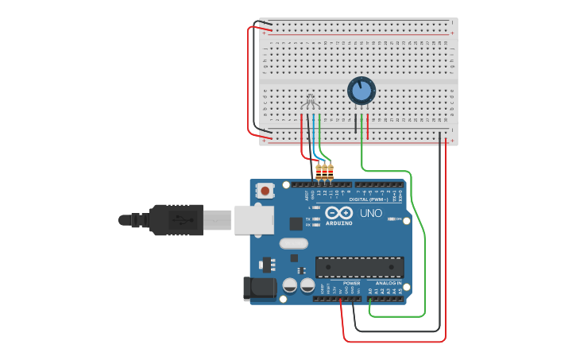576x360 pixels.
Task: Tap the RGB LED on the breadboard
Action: pos(311,101)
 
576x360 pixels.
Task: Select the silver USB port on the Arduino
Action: pos(253,219)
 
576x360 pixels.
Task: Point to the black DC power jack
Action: pos(259,288)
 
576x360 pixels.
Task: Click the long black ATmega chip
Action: pos(359,267)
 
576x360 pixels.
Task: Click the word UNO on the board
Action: pos(371,213)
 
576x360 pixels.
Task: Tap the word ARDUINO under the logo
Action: pos(338,223)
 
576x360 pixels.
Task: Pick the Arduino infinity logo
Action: pos(338,213)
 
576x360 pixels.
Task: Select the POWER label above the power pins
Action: pos(351,283)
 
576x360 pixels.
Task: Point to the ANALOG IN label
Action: pos(389,283)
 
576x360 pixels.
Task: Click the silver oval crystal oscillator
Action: pos(293,244)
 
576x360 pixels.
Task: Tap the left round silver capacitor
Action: pos(290,285)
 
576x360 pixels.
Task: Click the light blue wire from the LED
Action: pos(315,131)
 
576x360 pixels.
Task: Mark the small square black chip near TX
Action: pos(296,224)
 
